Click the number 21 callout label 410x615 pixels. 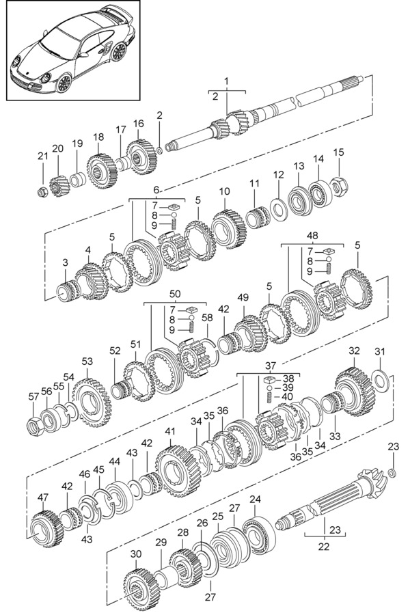(x=42, y=156)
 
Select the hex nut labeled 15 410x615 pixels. (x=338, y=186)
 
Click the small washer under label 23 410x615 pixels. (x=392, y=473)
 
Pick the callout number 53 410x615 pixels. (x=87, y=361)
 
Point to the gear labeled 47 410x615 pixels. (x=44, y=529)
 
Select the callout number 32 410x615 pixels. (x=354, y=351)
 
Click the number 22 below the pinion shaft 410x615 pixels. (x=324, y=547)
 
